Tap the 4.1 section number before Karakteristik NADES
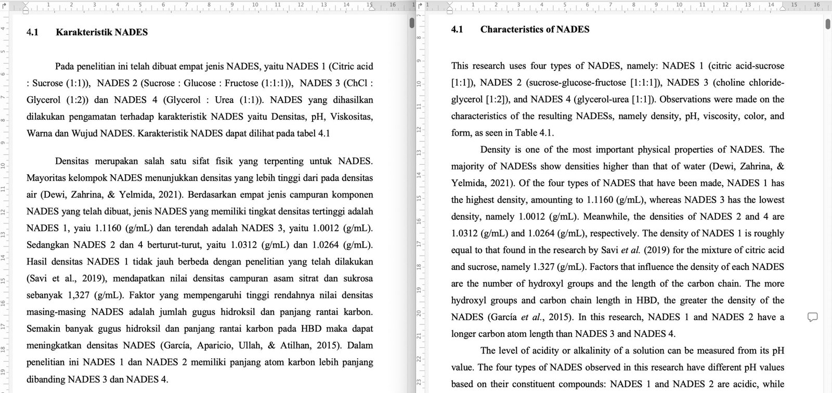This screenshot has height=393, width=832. coord(32,32)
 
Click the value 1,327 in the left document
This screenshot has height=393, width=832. coord(80,295)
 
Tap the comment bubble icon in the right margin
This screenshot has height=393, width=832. coord(812,317)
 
